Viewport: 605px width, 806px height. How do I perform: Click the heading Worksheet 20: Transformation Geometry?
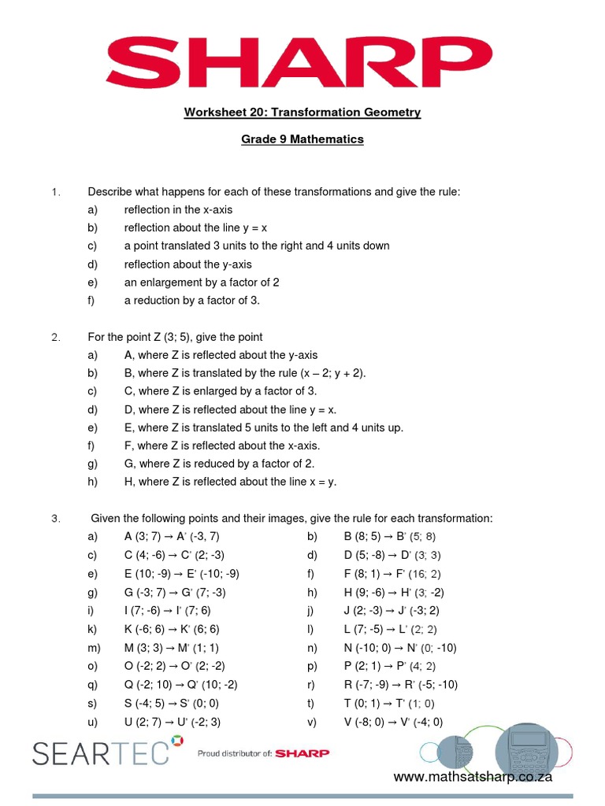[x=302, y=113]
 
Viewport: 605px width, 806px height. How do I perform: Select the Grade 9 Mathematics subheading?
[x=302, y=139]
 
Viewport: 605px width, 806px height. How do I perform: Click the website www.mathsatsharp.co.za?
[x=473, y=778]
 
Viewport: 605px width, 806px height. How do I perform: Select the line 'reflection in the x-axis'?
[x=178, y=209]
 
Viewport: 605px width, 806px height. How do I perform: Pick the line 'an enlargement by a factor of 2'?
[x=202, y=283]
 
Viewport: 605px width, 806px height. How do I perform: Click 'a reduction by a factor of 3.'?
[x=191, y=301]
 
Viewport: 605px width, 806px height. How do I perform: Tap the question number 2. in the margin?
[x=56, y=337]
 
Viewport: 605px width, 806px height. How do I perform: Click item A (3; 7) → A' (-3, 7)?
[x=172, y=537]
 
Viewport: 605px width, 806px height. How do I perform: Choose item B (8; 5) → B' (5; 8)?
[x=390, y=537]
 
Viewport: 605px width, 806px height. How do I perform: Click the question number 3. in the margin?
[x=56, y=519]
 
